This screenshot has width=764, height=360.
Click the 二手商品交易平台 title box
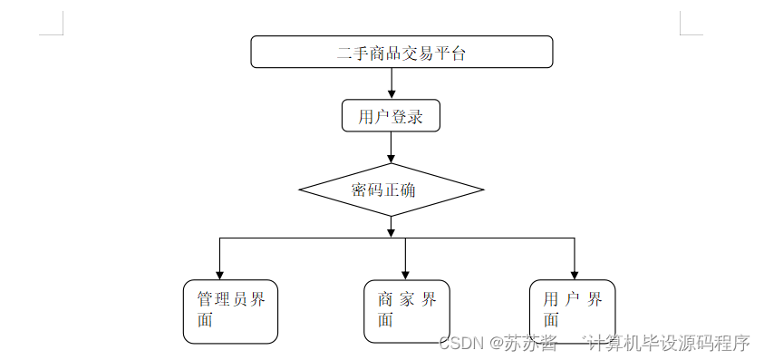pos(401,52)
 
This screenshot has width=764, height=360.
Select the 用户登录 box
pos(391,116)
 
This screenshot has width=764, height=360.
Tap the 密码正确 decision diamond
pos(391,190)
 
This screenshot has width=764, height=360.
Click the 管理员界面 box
pos(230,311)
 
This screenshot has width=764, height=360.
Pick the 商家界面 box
pos(407,310)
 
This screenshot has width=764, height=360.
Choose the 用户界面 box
pos(573,310)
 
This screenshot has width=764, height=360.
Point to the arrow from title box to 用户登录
pos(392,83)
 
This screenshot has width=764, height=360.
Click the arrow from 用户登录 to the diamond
pos(392,148)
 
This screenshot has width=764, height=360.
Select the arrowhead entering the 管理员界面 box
pos(219,274)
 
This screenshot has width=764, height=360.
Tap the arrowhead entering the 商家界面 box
pos(405,274)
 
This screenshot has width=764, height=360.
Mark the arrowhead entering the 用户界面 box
pos(575,274)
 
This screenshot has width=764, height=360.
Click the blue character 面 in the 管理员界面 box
pos(206,320)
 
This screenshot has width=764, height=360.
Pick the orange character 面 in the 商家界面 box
pos(385,320)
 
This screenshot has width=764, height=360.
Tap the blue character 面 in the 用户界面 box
pos(551,320)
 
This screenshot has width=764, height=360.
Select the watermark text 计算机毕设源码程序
pos(669,344)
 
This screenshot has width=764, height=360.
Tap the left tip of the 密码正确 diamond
pos(301,190)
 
